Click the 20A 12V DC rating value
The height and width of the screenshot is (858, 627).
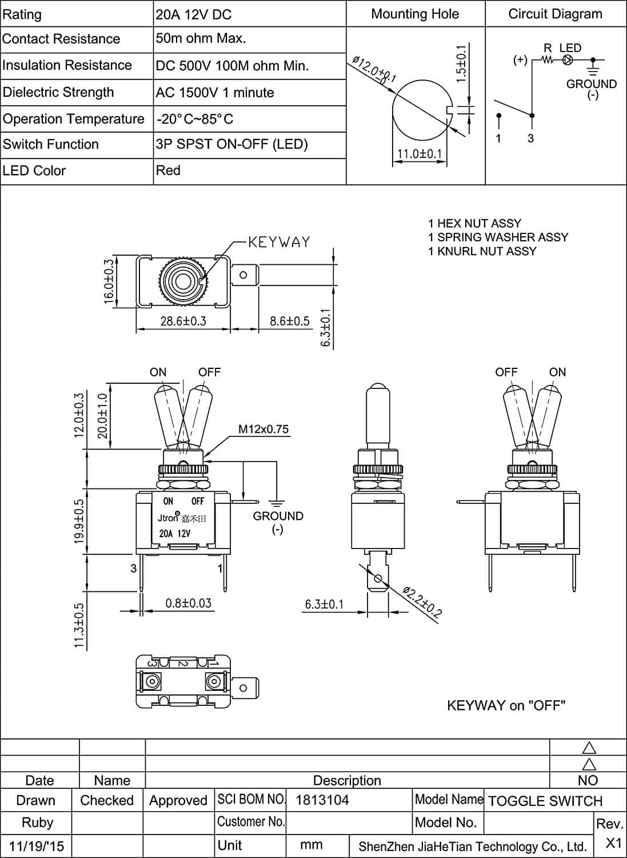[x=194, y=15]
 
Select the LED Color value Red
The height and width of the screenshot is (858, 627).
[x=168, y=170]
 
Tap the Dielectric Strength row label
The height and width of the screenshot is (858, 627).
[x=58, y=92]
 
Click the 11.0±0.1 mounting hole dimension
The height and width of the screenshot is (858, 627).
[x=420, y=154]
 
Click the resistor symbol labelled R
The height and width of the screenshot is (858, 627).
[x=548, y=59]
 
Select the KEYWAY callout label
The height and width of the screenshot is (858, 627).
[x=279, y=242]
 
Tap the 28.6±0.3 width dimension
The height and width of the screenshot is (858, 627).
[x=183, y=321]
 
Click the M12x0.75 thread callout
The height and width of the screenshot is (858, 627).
[x=263, y=429]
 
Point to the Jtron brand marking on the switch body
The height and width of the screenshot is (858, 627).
[x=169, y=518]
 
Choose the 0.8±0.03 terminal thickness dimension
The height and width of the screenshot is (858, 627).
[x=188, y=603]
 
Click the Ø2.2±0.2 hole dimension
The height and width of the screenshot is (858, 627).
[x=422, y=602]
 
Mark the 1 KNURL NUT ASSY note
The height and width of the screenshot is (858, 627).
[x=482, y=251]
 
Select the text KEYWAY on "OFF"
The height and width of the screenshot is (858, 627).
[x=506, y=705]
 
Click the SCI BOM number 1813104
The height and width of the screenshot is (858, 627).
[x=322, y=800]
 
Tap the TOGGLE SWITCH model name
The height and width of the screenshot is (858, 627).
[x=545, y=801]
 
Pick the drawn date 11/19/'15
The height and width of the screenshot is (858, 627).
[x=37, y=846]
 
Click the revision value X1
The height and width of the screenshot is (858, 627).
[x=613, y=843]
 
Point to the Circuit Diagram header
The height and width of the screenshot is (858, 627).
[x=555, y=14]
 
